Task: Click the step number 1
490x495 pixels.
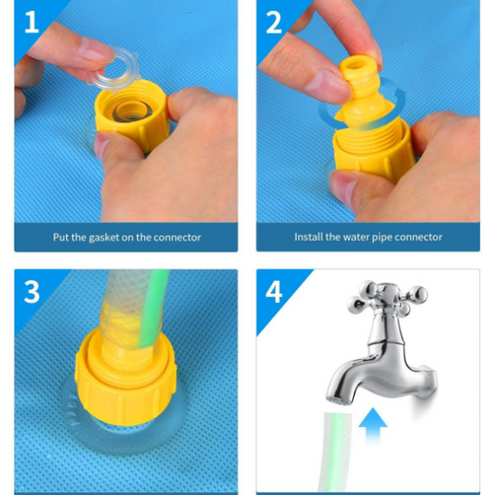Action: click(x=31, y=22)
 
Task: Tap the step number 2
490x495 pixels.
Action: click(x=274, y=22)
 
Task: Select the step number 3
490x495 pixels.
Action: click(x=31, y=292)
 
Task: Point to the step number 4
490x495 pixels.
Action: click(x=274, y=292)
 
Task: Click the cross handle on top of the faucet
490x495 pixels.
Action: click(x=387, y=295)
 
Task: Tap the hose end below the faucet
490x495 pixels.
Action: click(x=336, y=453)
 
